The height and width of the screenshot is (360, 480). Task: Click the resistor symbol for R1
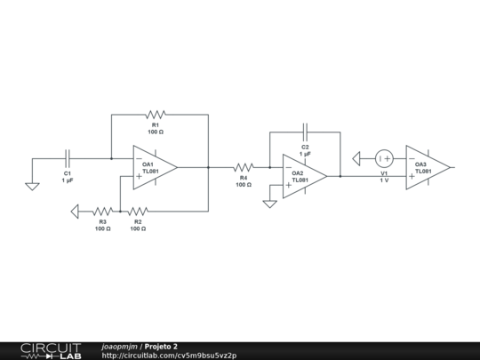[156, 115]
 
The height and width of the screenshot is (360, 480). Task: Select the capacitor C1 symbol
[68, 158]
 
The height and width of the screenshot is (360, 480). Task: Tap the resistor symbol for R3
[102, 212]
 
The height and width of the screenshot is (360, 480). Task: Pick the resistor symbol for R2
[138, 212]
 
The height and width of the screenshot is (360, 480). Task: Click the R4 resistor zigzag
[244, 167]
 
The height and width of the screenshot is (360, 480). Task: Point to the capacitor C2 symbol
[305, 132]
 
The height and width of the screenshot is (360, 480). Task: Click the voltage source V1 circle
[384, 158]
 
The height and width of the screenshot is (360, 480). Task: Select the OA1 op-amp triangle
[155, 167]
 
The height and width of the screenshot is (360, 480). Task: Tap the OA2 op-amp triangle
[305, 176]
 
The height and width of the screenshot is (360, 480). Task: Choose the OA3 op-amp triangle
[428, 167]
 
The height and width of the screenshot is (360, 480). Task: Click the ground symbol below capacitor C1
[32, 187]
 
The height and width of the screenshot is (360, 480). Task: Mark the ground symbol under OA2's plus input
[269, 204]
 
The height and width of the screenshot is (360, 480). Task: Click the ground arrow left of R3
[75, 212]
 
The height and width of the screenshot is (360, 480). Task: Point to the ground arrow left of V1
[356, 158]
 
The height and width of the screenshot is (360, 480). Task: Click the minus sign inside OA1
[139, 158]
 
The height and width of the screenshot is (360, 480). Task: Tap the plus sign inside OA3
[412, 176]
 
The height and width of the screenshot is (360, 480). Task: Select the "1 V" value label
[384, 180]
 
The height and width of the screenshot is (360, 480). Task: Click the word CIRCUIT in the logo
[51, 348]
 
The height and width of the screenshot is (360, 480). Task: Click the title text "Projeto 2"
[161, 347]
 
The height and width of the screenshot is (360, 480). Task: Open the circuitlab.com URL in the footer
[169, 356]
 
